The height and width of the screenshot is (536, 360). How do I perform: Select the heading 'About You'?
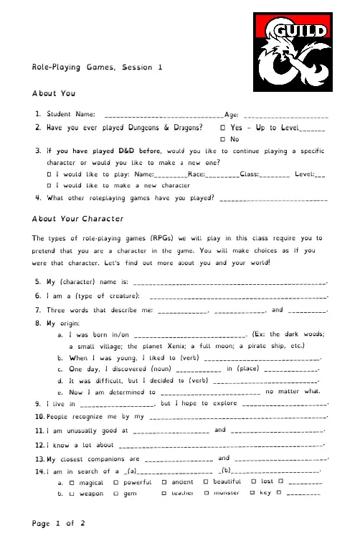(x=55, y=94)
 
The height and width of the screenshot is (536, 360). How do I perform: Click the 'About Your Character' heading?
(x=78, y=218)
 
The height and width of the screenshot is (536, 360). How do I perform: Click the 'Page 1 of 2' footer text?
(x=60, y=523)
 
